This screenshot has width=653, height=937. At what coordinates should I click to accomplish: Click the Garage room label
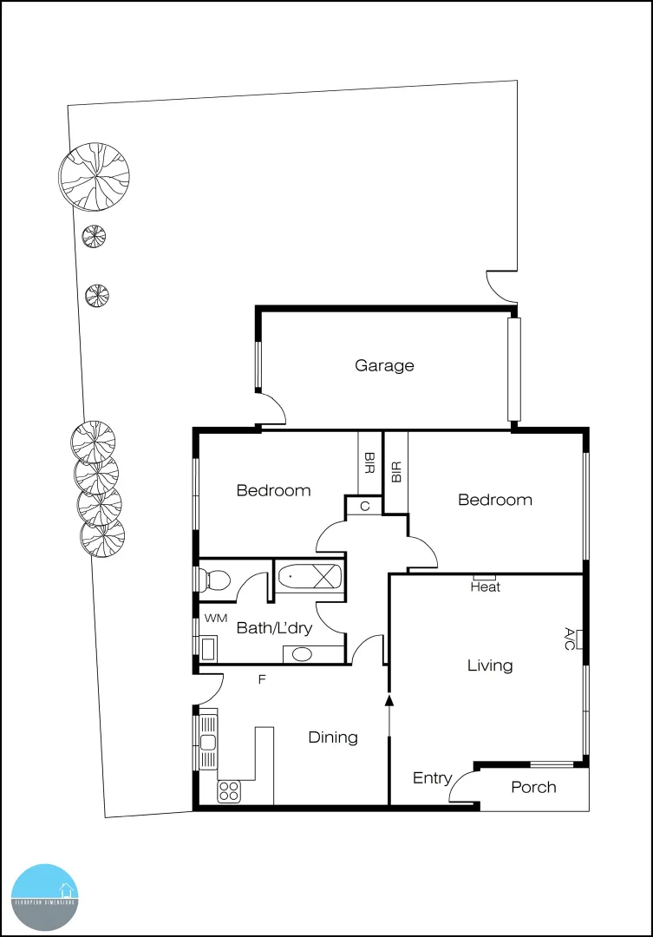(384, 365)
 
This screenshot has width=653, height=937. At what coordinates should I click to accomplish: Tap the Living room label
(490, 665)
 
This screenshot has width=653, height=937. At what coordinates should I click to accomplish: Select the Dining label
(333, 737)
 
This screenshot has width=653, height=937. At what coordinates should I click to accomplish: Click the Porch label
(533, 787)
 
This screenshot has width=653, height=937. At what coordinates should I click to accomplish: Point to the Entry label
(432, 778)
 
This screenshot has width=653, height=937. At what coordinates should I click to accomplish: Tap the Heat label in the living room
(485, 587)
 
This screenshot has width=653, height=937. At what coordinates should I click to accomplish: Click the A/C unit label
(570, 639)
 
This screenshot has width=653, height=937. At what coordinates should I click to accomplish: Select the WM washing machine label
(215, 619)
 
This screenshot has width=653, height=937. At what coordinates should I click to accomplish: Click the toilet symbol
(213, 579)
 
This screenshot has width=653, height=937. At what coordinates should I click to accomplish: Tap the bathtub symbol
(310, 575)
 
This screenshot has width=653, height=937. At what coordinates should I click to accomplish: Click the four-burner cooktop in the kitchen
(229, 790)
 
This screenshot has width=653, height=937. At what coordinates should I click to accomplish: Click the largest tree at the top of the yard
(94, 177)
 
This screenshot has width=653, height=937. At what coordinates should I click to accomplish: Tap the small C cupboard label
(365, 506)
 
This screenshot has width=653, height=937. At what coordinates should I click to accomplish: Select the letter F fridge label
(261, 679)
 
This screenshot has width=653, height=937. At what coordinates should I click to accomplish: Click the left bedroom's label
(273, 490)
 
